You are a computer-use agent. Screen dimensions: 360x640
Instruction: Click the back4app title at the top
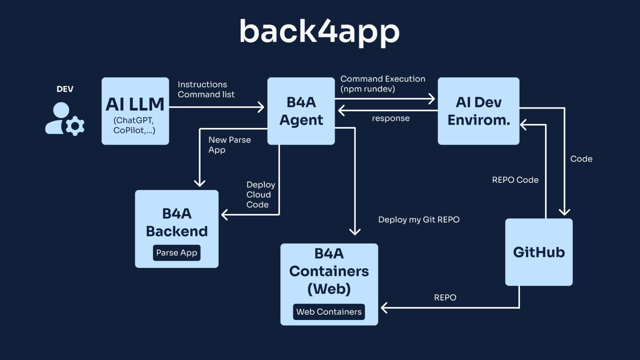click(x=319, y=32)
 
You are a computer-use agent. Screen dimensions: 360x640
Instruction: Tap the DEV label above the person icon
click(x=65, y=89)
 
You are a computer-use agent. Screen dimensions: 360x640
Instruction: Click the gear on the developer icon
click(x=75, y=126)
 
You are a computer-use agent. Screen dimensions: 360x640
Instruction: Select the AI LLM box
click(x=135, y=111)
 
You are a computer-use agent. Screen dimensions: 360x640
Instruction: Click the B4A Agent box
click(x=301, y=111)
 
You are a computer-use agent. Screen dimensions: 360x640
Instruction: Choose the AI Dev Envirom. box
click(x=478, y=111)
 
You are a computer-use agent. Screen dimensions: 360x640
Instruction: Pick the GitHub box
click(x=539, y=252)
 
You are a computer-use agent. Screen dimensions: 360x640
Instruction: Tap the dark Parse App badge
click(x=176, y=253)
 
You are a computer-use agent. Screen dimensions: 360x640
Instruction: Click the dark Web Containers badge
click(x=329, y=312)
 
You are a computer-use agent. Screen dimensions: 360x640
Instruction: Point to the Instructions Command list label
click(x=206, y=90)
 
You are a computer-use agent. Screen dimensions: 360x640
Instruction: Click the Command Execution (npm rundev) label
click(x=382, y=84)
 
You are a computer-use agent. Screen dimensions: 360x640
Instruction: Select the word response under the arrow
click(x=391, y=118)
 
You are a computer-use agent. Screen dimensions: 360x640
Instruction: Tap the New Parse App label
click(x=229, y=145)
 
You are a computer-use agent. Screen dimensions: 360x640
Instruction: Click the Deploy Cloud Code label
click(x=260, y=195)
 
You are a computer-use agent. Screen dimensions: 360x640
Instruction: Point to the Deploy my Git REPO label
click(x=419, y=220)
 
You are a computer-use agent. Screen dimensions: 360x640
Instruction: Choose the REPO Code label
click(x=515, y=180)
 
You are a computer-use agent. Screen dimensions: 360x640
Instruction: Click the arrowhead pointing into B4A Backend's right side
click(x=224, y=215)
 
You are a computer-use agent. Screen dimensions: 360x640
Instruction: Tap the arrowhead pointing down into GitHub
click(x=564, y=212)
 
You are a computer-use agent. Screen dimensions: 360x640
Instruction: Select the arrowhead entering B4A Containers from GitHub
click(x=384, y=308)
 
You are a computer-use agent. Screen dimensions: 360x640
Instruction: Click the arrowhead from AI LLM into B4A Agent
click(x=261, y=107)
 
